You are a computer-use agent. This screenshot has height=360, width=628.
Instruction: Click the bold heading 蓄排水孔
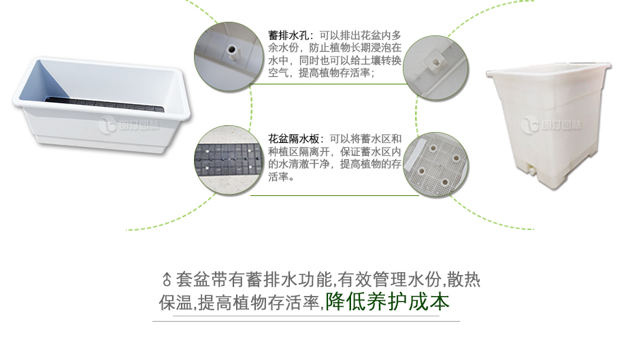[288, 35]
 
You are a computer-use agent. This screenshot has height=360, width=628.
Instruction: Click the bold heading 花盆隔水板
[293, 139]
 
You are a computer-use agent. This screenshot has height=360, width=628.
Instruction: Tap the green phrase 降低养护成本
[387, 301]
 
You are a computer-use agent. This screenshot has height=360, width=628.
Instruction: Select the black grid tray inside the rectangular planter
[105, 104]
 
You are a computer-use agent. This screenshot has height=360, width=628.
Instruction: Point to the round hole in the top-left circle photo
[231, 50]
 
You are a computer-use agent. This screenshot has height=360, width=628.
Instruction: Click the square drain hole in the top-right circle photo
[436, 63]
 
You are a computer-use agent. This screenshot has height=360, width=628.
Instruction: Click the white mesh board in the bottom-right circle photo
[437, 165]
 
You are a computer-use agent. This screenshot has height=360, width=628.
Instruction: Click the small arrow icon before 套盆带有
[167, 279]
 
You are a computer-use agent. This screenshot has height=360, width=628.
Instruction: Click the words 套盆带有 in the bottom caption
[211, 280]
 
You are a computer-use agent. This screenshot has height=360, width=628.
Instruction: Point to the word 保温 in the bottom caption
[176, 303]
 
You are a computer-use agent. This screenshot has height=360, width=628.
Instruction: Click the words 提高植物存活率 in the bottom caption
[259, 303]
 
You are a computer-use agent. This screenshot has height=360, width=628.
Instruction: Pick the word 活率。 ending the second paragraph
[281, 176]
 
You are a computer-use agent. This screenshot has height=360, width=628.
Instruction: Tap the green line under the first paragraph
[329, 84]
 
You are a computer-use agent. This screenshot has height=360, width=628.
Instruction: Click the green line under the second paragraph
[335, 196]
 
